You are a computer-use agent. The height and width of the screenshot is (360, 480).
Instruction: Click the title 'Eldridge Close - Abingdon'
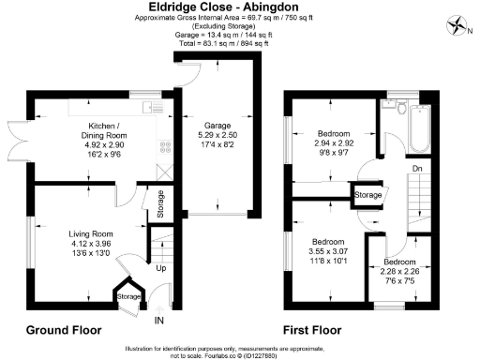(x=239, y=7)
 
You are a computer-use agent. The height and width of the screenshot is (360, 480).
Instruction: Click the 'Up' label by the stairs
(x=161, y=268)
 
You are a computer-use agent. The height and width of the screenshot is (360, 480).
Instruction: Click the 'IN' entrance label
(x=159, y=322)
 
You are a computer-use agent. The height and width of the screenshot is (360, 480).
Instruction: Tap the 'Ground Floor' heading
(x=63, y=330)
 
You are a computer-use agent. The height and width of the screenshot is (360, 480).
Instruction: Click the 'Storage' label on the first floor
(x=368, y=195)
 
